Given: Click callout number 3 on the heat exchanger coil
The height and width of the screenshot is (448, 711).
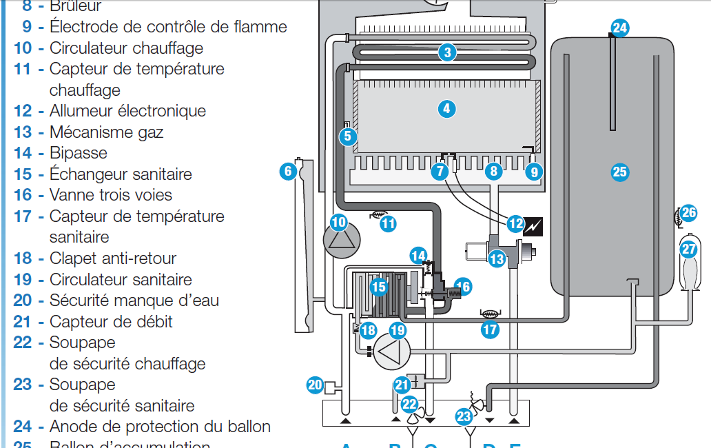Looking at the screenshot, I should [x=447, y=52].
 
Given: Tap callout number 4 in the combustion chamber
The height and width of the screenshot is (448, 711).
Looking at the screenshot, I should [x=446, y=108].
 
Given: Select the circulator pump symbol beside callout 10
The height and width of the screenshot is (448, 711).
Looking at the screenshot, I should [x=342, y=241].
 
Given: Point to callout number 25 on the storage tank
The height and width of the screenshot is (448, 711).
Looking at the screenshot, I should [x=620, y=172].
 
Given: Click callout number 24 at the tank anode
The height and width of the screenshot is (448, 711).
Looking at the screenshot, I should [x=620, y=28].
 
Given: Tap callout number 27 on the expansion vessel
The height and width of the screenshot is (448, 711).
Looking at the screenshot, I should [x=689, y=248].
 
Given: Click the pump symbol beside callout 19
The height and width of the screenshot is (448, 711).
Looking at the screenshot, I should [x=390, y=350].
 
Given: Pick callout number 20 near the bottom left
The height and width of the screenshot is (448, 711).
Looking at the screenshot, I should [x=315, y=385].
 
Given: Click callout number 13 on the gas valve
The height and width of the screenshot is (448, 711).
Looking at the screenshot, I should [x=497, y=259].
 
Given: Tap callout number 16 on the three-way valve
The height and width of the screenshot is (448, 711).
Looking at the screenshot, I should [x=462, y=286].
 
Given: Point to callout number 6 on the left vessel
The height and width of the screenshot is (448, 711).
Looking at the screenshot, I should [x=288, y=170].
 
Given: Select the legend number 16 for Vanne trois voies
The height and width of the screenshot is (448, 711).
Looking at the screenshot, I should [x=23, y=195].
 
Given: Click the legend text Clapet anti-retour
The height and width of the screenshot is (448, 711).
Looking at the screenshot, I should [x=112, y=258].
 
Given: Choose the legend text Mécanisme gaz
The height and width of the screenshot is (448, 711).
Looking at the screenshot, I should [x=106, y=132].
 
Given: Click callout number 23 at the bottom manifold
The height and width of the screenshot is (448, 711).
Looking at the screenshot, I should [x=464, y=416].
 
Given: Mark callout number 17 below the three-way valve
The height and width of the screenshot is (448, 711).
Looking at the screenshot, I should [x=490, y=329].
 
